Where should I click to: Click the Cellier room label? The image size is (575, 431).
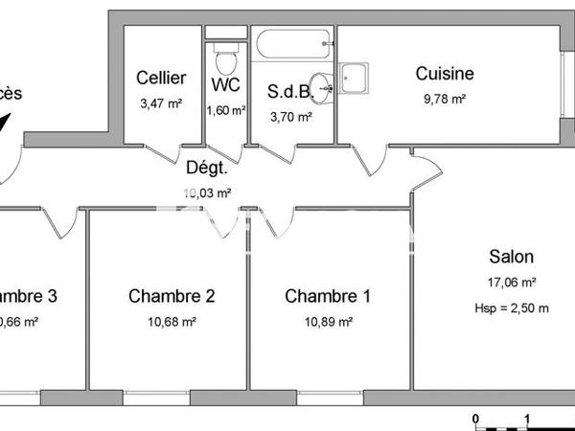click(x=161, y=78)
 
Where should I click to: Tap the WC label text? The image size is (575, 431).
click(x=225, y=84)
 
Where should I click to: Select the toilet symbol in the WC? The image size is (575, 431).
click(x=227, y=59)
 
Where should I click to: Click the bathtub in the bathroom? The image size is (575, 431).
click(x=292, y=41)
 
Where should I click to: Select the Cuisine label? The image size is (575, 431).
click(x=444, y=74)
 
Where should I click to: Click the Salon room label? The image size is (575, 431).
click(x=511, y=257)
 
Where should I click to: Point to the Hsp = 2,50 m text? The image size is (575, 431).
click(x=511, y=307)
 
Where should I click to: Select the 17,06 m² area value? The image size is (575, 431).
click(x=512, y=283)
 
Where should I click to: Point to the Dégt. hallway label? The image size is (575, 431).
click(x=206, y=169)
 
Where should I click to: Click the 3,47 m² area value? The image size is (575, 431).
click(x=160, y=103)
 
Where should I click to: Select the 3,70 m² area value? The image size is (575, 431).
click(x=291, y=117)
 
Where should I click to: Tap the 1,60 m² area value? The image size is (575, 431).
click(x=225, y=108)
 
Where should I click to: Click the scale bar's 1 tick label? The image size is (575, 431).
click(x=528, y=420)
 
